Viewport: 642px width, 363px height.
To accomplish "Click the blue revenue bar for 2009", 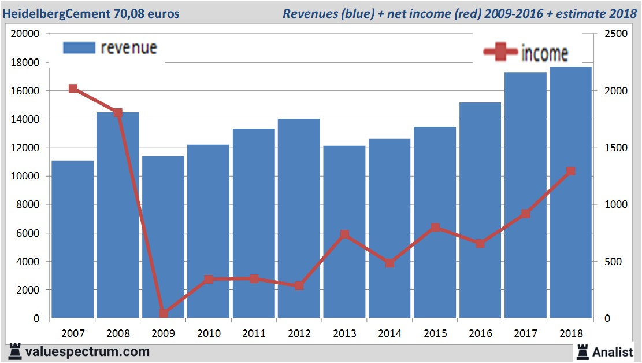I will click(163, 237).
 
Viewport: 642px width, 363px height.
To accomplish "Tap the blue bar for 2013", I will click(344, 232).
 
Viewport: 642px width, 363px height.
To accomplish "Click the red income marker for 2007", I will click(73, 89).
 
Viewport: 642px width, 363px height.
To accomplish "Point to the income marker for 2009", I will click(164, 313).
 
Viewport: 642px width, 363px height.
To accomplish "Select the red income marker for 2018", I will click(571, 171).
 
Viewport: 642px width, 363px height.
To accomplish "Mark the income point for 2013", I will click(344, 234).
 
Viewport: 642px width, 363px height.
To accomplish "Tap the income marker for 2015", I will click(435, 228).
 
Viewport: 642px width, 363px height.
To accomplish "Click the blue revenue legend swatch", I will click(78, 48).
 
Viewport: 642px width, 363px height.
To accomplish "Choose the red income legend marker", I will click(500, 53).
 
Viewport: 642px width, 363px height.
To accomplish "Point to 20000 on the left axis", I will click(25, 34).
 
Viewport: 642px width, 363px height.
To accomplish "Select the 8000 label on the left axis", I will click(28, 204).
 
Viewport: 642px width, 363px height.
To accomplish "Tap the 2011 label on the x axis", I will click(254, 333).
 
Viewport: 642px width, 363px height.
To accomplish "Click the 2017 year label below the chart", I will click(525, 333).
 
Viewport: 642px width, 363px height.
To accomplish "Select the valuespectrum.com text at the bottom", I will click(87, 351).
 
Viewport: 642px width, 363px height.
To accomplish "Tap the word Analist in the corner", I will click(613, 351).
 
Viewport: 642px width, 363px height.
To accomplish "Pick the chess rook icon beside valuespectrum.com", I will click(15, 351).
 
